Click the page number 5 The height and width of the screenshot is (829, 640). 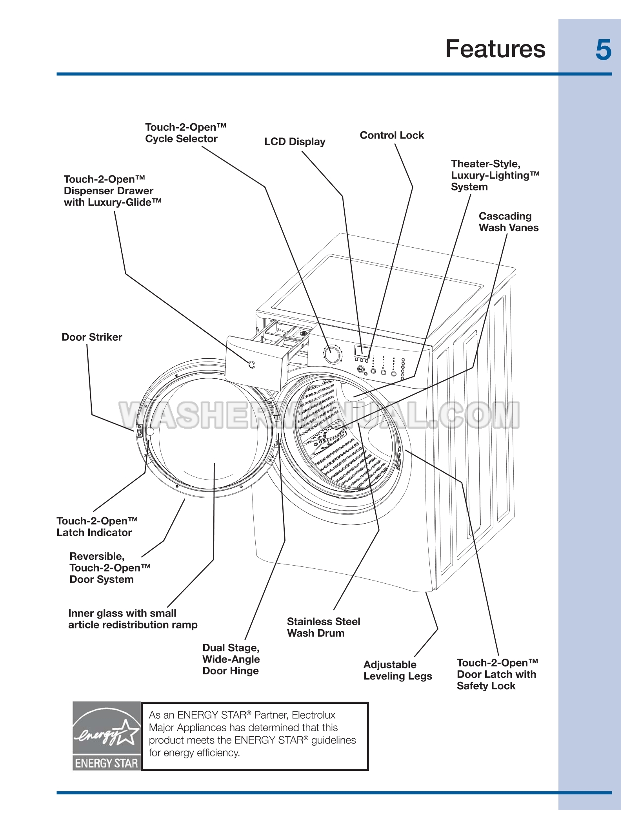coord(603,50)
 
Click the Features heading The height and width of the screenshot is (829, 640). coord(495,49)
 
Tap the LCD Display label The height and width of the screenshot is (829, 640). coord(295,142)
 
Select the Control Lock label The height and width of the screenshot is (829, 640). coord(392,135)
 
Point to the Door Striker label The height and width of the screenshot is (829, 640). coord(92,337)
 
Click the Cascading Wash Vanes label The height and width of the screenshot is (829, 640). coord(508,222)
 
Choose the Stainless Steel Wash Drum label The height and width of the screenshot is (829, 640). coord(323,627)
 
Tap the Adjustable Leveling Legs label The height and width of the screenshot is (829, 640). coord(397,670)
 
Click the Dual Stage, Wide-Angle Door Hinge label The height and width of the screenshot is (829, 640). coord(231,659)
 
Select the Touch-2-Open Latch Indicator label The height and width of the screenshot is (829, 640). coord(97,527)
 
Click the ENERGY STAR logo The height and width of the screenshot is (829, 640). coord(106,736)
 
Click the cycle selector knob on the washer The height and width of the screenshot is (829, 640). coord(332,354)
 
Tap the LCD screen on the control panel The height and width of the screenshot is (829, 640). coord(362,351)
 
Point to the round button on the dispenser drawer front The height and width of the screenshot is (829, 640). coord(252,365)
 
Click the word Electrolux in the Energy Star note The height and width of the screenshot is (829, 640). coord(313,715)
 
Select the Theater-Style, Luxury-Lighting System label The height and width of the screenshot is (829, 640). coord(495,175)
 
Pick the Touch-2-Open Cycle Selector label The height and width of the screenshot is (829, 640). coord(185,133)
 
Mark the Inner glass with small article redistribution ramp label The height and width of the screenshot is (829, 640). coord(133,619)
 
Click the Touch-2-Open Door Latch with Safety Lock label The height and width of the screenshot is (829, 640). coord(497,674)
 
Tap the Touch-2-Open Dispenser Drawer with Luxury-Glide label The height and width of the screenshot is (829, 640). coord(113,191)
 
